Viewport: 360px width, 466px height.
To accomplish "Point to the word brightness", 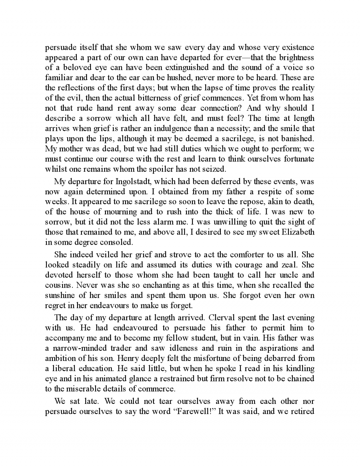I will tap(296, 58).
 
